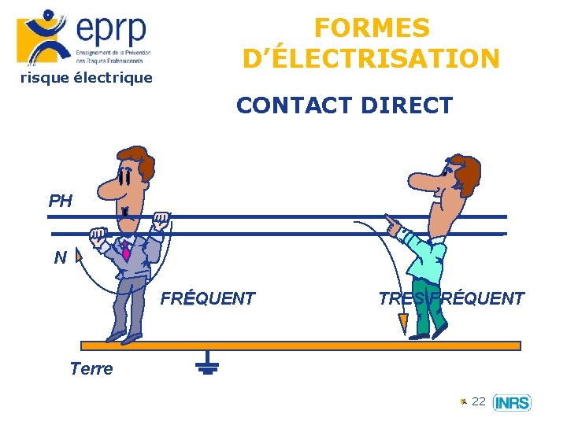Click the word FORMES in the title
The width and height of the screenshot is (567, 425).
click(372, 28)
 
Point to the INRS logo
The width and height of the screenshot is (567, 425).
click(512, 403)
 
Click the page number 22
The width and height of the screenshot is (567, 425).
click(478, 402)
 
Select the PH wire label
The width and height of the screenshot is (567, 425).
click(60, 201)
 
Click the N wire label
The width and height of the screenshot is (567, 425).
click(60, 257)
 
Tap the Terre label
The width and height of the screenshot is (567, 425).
click(91, 368)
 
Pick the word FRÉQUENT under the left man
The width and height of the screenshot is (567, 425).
click(208, 298)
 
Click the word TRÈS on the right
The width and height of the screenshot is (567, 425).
click(402, 298)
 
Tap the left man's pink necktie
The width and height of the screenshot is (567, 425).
click(125, 251)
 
